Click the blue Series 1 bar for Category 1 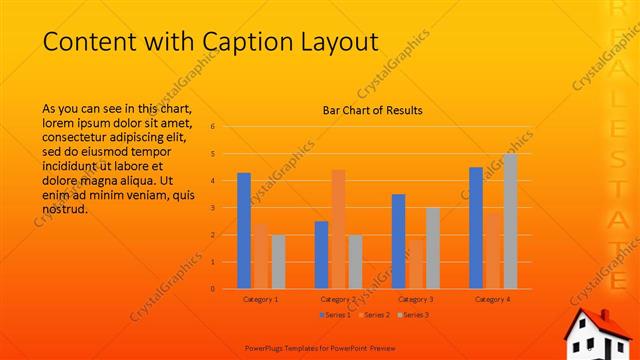[244, 231]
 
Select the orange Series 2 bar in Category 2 [338, 229]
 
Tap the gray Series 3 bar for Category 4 [510, 221]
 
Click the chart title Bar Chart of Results [372, 110]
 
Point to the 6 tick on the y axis [213, 127]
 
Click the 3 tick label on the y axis [213, 208]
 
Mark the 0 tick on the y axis [213, 289]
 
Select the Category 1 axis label [261, 299]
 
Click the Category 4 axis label [493, 299]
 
